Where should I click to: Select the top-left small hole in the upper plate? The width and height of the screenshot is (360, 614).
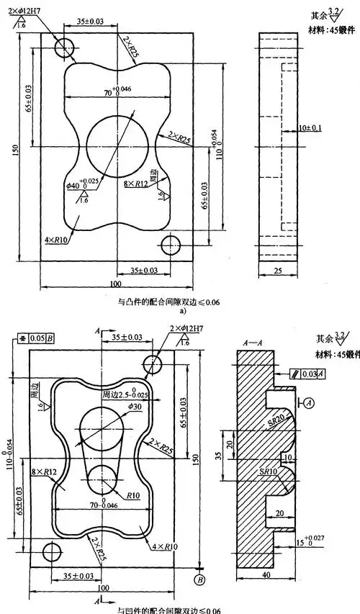coord(64,47)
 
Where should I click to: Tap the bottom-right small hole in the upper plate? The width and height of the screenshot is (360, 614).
coord(170,245)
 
